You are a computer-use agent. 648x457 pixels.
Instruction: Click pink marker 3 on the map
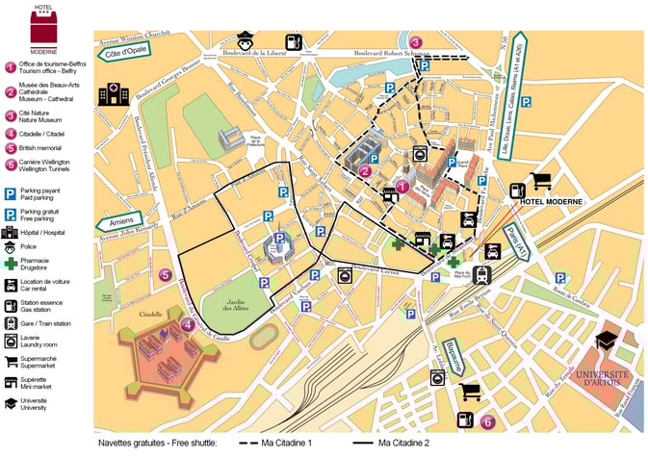[415, 42]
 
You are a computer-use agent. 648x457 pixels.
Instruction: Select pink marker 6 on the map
[487, 420]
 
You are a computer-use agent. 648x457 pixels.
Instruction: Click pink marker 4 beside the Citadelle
[188, 324]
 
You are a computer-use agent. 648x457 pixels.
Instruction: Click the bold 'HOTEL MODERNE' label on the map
[552, 204]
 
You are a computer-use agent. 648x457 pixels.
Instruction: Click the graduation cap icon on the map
[606, 341]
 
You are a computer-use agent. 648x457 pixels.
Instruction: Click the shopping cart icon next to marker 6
[470, 393]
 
